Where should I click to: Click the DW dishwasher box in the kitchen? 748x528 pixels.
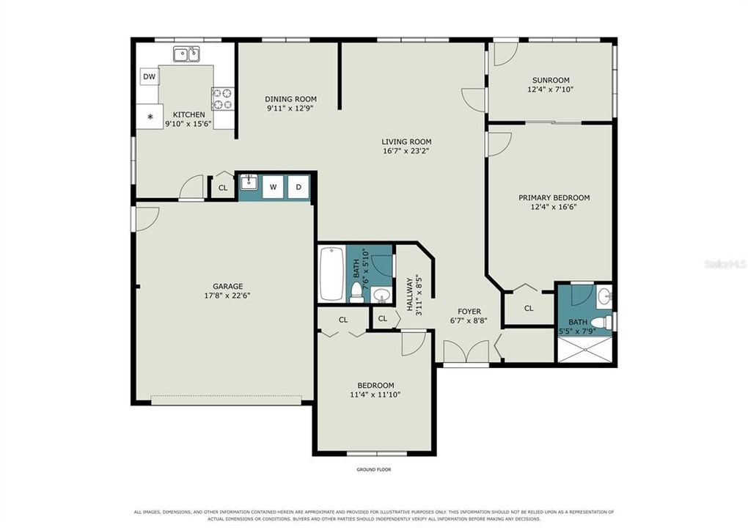point(150,77)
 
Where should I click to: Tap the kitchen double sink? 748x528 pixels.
point(186,54)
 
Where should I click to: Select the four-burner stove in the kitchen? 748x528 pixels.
point(223,99)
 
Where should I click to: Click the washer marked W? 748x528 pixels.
point(274,187)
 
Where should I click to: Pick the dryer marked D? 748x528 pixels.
point(298,187)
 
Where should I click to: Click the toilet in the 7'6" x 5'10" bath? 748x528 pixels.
point(356,292)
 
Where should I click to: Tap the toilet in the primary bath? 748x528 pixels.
point(604,321)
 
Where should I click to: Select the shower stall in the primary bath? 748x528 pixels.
point(584,349)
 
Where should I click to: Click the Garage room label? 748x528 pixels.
point(227,286)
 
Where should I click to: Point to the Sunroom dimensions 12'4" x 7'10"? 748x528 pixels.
point(551,89)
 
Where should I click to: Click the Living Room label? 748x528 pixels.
point(406,142)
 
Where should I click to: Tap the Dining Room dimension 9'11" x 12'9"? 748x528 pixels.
point(291,109)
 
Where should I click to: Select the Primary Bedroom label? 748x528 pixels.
point(554,197)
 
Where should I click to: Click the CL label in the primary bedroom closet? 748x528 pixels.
point(529,309)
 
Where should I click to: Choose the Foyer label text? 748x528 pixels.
point(469,312)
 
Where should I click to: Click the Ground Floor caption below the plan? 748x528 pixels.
point(373,470)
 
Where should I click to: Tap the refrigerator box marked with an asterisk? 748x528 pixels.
point(150,117)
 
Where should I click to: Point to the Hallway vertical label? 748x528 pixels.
point(409,294)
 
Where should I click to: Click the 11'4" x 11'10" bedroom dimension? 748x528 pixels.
point(375,395)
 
